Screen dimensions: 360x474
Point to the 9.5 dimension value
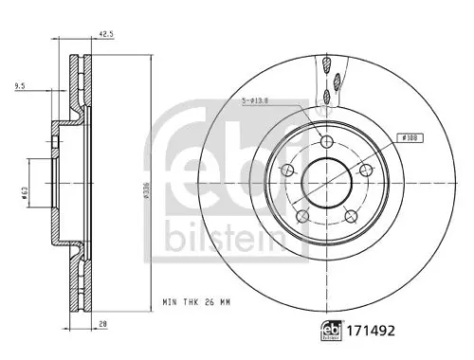click(x=21, y=87)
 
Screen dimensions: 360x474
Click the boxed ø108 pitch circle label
click(x=410, y=137)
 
